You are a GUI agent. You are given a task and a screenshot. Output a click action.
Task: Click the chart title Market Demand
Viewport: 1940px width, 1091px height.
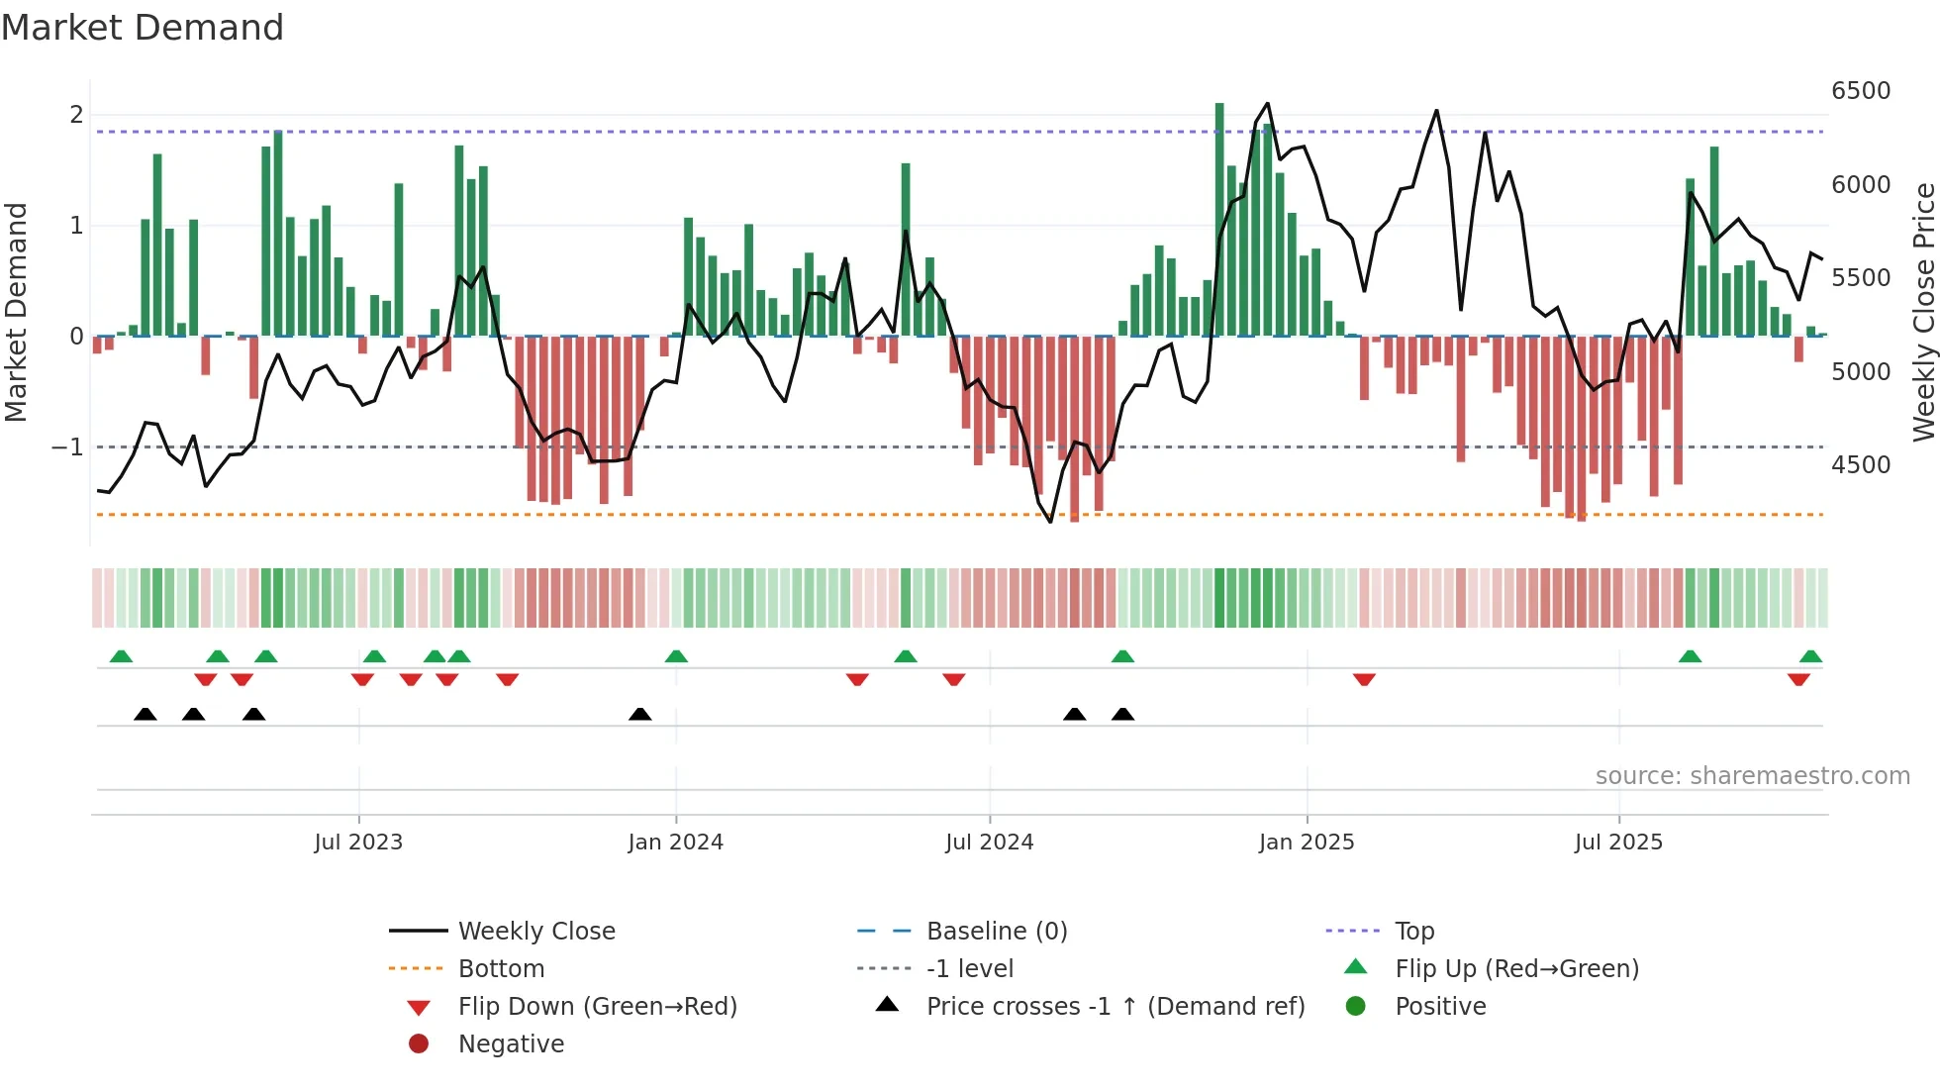coord(143,28)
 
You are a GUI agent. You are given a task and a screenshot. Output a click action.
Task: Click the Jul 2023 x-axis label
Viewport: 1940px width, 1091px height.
coord(358,843)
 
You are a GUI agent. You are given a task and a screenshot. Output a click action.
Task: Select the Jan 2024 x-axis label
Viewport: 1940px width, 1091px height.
coord(675,843)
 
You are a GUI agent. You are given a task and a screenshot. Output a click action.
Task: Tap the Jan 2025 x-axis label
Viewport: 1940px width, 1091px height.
coord(1306,843)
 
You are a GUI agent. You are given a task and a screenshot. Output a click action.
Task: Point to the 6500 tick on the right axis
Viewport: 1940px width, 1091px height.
coord(1861,91)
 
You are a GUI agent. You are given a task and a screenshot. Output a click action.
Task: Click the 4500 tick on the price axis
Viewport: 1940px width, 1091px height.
coord(1861,465)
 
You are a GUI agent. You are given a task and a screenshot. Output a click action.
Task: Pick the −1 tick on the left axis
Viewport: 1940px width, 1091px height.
coord(67,447)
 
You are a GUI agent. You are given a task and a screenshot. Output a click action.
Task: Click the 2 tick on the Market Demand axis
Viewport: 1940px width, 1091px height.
coord(76,115)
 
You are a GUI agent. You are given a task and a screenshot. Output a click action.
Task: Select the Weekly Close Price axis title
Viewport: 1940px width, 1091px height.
coord(1923,312)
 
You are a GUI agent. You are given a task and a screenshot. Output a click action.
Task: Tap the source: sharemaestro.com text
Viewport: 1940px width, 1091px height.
coord(1752,776)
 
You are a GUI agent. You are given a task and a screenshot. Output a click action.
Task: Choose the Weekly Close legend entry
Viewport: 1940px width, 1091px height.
coord(535,932)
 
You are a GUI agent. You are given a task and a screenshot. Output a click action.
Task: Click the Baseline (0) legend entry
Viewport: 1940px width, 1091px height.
coord(996,932)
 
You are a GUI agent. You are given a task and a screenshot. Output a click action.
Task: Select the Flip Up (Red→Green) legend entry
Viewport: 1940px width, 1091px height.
coord(1516,969)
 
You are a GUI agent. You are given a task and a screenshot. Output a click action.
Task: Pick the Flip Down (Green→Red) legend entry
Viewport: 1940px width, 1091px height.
coord(597,1007)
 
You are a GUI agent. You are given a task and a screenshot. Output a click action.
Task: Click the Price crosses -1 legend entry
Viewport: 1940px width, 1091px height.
coord(1115,1007)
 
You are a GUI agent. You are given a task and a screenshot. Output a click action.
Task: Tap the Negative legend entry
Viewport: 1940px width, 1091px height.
coord(511,1044)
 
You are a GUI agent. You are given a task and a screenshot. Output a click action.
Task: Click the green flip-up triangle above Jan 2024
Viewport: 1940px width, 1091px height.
coord(676,656)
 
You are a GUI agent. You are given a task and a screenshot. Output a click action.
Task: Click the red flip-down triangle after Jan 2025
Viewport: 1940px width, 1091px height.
coord(1364,679)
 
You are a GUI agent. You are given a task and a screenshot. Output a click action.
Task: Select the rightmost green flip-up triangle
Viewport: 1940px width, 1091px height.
coord(1810,656)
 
